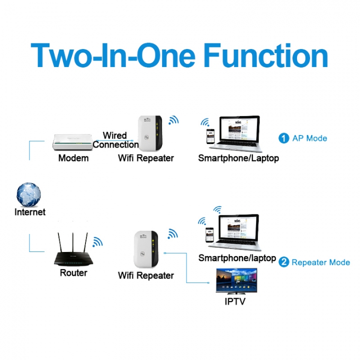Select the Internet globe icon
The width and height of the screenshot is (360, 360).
[x=28, y=194]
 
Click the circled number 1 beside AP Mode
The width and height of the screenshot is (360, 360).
[x=284, y=138]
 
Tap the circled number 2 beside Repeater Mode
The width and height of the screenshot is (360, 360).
[x=284, y=262]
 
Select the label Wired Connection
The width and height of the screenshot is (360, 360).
[x=115, y=140]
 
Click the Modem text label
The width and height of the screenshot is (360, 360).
[x=73, y=158]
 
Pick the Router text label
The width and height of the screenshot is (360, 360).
[x=73, y=273]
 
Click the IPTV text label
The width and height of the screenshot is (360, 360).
[x=235, y=301]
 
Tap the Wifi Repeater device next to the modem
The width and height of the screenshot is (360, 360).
[x=149, y=133]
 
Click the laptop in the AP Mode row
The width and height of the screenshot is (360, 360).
[x=239, y=134]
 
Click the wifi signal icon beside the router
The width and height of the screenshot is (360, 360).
[x=97, y=242]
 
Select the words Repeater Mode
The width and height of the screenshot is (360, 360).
[x=320, y=262]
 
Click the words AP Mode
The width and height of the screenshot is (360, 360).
[x=309, y=138]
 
